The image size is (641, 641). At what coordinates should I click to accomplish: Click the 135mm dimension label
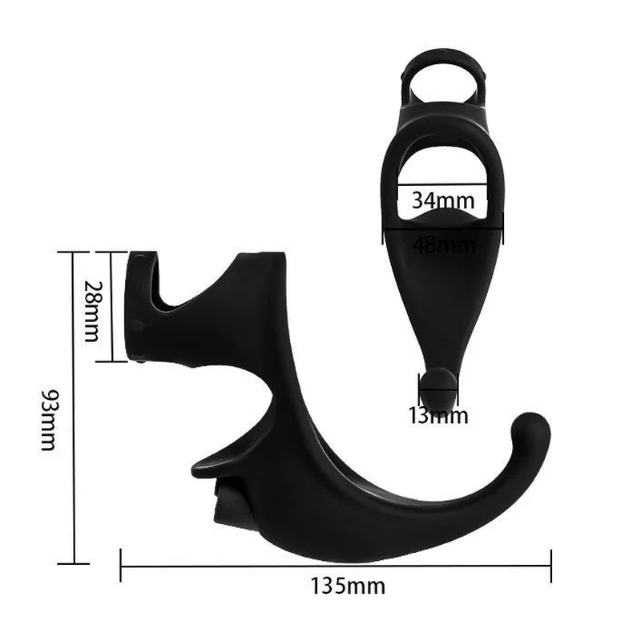[348, 586]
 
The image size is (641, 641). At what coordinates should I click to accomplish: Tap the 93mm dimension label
[48, 419]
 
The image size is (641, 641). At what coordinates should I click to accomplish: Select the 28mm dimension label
[91, 312]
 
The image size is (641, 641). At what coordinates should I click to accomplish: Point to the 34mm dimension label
[443, 200]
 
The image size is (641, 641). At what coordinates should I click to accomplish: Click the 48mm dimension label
[444, 246]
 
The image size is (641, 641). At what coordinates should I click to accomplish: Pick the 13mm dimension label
[438, 415]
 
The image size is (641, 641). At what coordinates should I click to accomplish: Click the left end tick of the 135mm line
[121, 566]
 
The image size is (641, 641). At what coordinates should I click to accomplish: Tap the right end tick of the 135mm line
[551, 566]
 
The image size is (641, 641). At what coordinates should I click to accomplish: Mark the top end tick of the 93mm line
[73, 252]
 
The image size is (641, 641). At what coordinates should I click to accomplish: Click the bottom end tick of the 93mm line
[74, 564]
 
